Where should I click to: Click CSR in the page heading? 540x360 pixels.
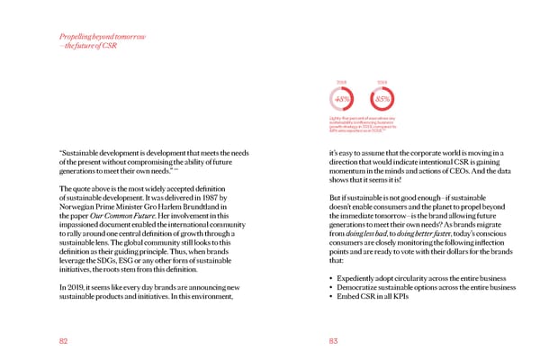tap(110, 46)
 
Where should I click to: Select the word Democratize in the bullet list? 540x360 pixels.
tap(365, 287)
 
